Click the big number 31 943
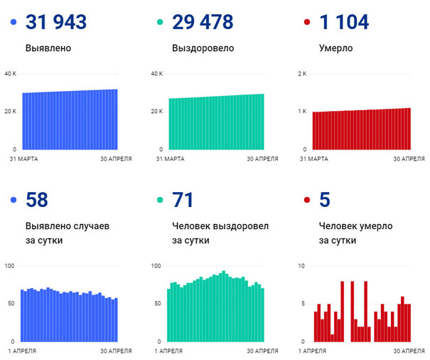point(56,23)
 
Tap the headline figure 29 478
point(203,23)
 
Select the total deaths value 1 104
point(344,23)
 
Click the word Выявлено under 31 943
point(48,50)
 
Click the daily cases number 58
point(37,200)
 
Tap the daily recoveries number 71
point(182,200)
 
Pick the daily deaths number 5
point(325,200)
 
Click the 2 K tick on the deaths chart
point(301,74)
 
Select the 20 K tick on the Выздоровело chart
point(156,112)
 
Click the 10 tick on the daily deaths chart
point(302,266)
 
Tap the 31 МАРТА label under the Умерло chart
point(313,158)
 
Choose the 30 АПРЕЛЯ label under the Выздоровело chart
point(262,158)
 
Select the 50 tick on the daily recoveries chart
point(158,304)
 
